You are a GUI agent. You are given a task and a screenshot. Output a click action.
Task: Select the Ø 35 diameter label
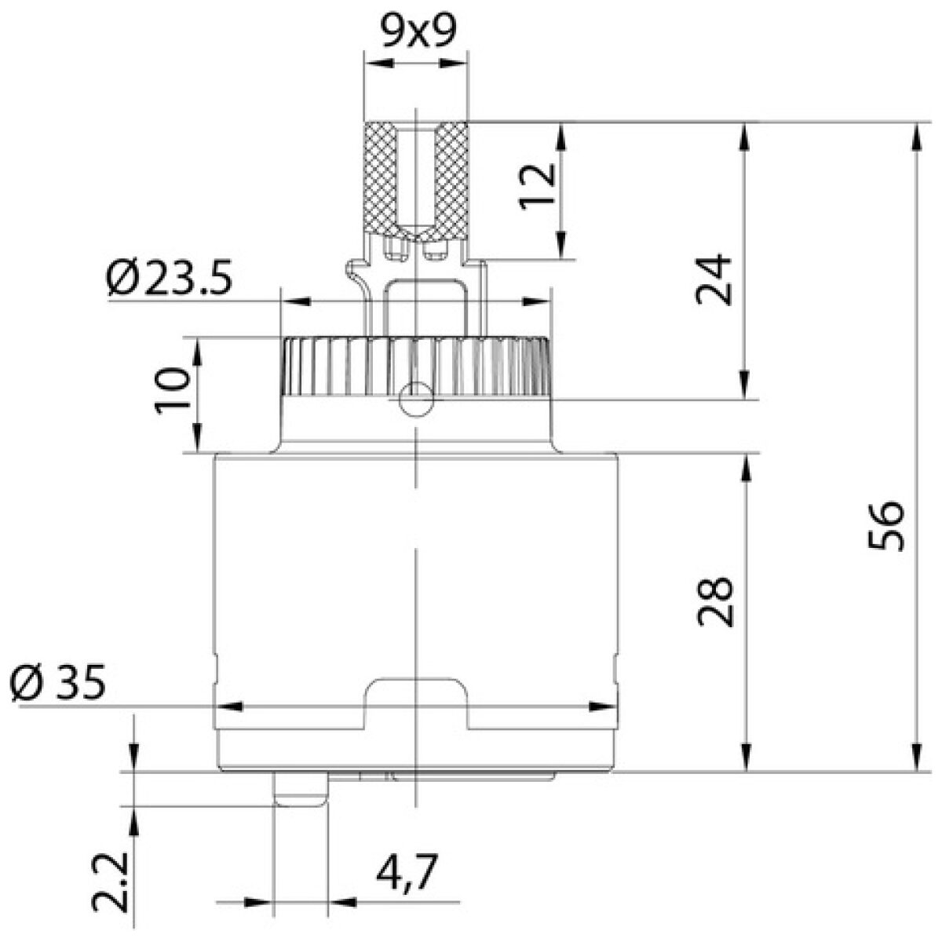pos(57,683)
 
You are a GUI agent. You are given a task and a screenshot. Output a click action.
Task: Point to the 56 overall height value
pos(887,524)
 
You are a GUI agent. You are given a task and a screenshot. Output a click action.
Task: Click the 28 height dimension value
pos(714,601)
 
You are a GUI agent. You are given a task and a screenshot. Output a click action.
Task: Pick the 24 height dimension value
pos(714,279)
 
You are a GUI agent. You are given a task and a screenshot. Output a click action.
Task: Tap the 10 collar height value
pos(172,391)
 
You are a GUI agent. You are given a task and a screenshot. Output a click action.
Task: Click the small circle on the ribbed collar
pos(415,399)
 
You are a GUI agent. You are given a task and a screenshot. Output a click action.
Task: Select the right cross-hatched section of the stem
pos(451,180)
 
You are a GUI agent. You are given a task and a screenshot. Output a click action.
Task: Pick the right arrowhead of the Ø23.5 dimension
pos(537,301)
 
